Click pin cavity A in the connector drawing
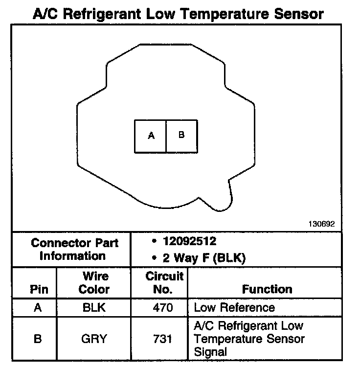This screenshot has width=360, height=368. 151,136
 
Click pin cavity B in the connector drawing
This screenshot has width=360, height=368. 181,135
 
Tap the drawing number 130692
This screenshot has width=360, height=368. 321,224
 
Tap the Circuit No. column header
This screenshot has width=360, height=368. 164,283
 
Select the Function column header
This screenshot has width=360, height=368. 267,289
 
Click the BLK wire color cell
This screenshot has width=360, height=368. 94,308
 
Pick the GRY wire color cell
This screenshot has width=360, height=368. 94,339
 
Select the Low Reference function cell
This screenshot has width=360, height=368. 234,308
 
